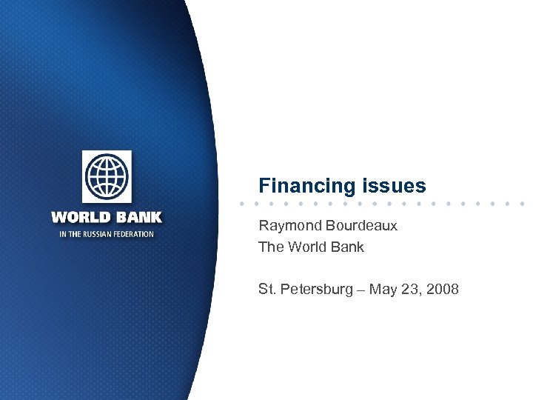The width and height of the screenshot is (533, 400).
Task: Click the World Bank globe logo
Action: [x=107, y=178]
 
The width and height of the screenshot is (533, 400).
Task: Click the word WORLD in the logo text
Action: [x=78, y=218]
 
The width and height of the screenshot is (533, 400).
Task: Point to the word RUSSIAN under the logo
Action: [x=98, y=234]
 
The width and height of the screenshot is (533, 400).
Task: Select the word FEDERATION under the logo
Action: [x=134, y=234]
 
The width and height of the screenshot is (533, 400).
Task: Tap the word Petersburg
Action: [x=318, y=289]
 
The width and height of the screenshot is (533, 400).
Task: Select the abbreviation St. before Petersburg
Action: [x=266, y=289]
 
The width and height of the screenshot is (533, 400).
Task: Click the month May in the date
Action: [x=383, y=290]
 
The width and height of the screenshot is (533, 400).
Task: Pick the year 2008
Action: [x=443, y=289]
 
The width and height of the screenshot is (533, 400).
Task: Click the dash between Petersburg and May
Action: [x=361, y=289]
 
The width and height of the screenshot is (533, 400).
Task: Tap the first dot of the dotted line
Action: [x=242, y=203]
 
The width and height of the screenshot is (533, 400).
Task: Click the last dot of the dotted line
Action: [x=523, y=203]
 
